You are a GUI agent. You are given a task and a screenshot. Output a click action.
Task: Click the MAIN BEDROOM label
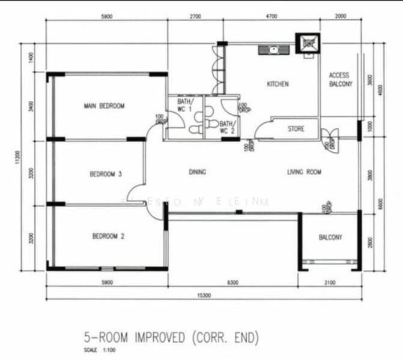click(x=104, y=106)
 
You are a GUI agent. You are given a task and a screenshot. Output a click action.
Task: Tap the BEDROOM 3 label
click(x=106, y=175)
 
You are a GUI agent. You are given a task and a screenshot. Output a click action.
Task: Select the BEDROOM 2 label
click(x=108, y=236)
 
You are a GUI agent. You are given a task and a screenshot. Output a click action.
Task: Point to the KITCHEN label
click(x=277, y=84)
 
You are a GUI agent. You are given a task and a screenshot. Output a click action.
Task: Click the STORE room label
click(x=295, y=128)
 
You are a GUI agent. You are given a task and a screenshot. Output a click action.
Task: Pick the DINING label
click(x=198, y=172)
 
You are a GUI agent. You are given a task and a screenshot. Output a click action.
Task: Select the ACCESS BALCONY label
click(x=340, y=80)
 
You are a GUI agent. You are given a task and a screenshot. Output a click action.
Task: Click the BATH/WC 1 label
click(x=184, y=106)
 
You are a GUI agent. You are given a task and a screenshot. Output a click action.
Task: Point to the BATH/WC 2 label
click(x=226, y=127)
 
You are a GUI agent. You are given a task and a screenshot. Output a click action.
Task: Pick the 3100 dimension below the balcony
click(x=330, y=281)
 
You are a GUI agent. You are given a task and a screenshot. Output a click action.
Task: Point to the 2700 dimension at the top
click(x=195, y=17)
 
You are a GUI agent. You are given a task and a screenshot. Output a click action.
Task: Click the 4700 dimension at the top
click(x=271, y=17)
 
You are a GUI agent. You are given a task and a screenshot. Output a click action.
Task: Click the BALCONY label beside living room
click(x=330, y=238)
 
